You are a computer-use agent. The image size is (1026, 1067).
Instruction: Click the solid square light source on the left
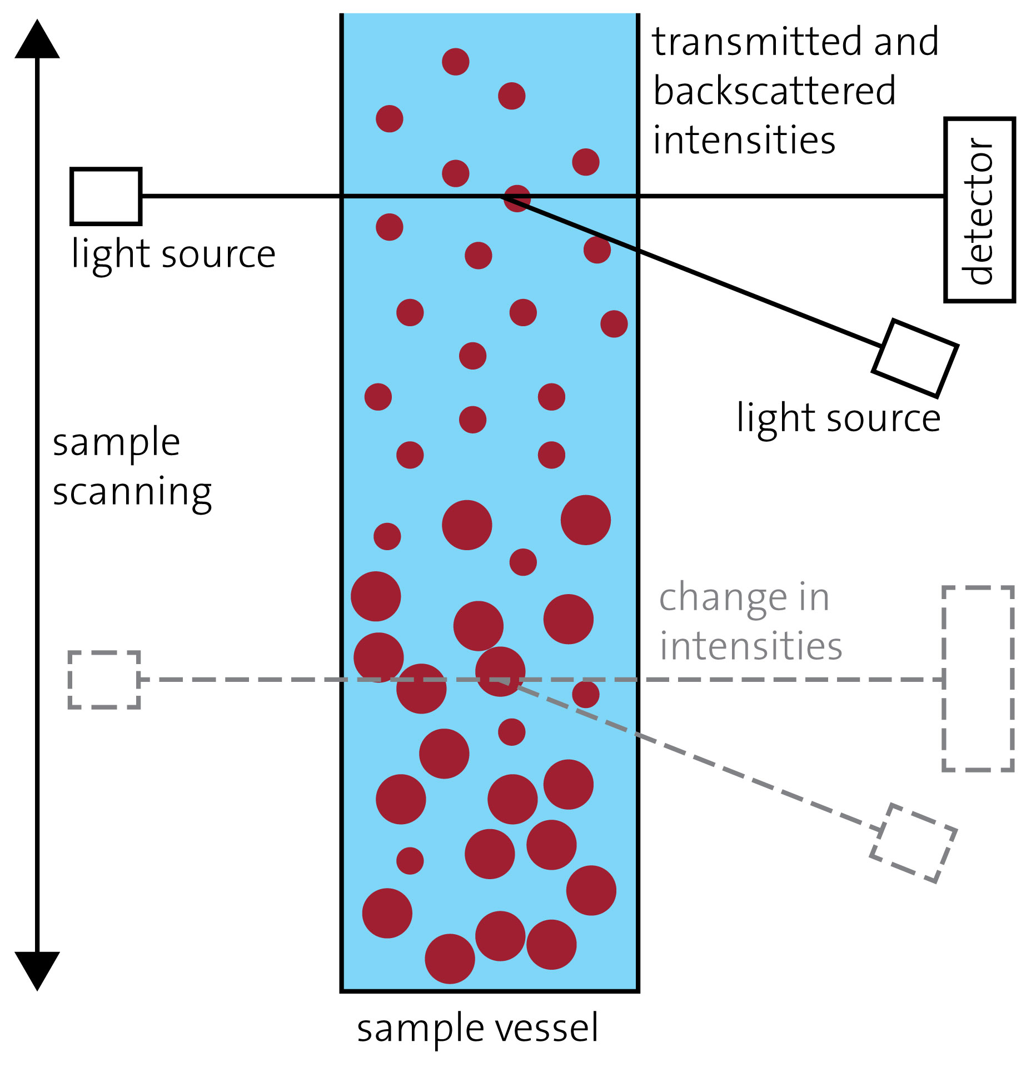coord(106,196)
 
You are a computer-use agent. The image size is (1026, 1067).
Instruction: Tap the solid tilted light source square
coord(915,358)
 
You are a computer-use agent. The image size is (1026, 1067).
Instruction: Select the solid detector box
coord(979,210)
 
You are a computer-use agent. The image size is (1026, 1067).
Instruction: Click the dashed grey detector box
coord(978,678)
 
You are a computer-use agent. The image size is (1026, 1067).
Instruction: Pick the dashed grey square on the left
coord(104,679)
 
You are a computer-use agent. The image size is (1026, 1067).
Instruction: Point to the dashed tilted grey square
coord(913,842)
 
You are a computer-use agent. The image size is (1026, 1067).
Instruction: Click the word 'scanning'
coord(132,492)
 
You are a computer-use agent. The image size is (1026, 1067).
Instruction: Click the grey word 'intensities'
coord(750,646)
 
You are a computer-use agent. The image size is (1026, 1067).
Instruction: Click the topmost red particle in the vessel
coord(455,62)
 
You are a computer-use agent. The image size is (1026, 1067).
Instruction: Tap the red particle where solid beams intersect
coord(517,198)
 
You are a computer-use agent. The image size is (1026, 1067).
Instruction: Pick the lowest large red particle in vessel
coord(450,959)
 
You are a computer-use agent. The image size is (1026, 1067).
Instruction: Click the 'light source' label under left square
coord(173,255)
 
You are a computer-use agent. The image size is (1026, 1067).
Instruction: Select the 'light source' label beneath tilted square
coord(838,418)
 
